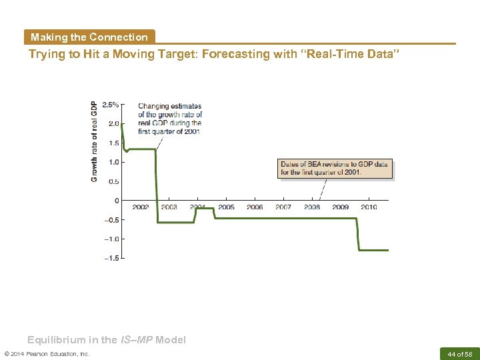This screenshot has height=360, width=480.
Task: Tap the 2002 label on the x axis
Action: (x=141, y=207)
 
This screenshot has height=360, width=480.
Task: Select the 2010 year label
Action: (x=369, y=207)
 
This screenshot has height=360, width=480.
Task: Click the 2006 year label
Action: (x=255, y=207)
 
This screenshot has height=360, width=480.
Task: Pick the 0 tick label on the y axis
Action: (x=117, y=201)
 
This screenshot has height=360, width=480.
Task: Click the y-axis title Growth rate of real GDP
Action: (x=94, y=141)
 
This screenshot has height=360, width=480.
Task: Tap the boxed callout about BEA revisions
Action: (x=335, y=169)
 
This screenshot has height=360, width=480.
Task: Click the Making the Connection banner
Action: (x=89, y=37)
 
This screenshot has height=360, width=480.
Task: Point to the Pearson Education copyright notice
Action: (x=47, y=353)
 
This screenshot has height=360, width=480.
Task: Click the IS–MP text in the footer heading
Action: (x=137, y=340)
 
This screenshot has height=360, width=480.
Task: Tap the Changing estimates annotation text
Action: (x=170, y=119)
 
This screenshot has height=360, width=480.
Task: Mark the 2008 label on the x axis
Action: (x=312, y=207)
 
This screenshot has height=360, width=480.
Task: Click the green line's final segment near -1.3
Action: (x=373, y=250)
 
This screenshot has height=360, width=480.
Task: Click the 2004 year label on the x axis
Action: (x=197, y=207)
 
